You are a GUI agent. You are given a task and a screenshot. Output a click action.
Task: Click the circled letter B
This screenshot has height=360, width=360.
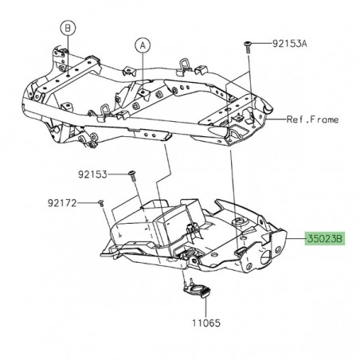click(x=67, y=29)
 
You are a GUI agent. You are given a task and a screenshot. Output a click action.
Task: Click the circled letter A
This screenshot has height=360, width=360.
click(x=142, y=45)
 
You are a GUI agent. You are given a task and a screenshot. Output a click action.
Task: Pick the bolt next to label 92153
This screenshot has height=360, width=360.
click(x=133, y=174)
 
